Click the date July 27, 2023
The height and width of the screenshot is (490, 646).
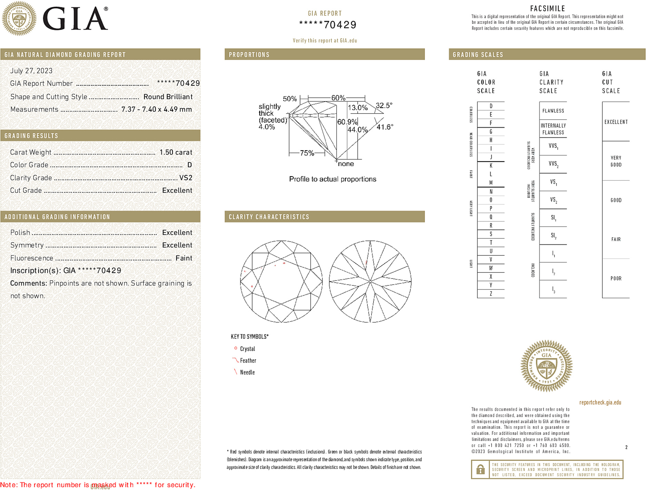(x=31, y=71)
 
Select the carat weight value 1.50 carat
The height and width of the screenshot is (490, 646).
(x=176, y=152)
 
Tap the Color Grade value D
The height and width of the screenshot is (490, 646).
(x=189, y=165)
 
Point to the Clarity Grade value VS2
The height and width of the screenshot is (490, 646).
(x=186, y=178)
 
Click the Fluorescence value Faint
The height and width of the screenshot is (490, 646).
(x=183, y=258)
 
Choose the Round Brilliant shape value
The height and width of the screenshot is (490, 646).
(x=168, y=97)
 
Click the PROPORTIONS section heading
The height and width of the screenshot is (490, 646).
(x=249, y=55)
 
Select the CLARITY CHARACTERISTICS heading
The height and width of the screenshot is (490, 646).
(x=269, y=217)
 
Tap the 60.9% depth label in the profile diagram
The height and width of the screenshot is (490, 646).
(x=347, y=122)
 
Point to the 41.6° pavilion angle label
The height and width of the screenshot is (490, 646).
(x=385, y=127)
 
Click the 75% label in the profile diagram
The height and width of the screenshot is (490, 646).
(x=307, y=153)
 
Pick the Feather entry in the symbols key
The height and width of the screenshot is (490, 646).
(x=248, y=360)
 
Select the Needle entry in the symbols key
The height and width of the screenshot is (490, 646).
(x=247, y=372)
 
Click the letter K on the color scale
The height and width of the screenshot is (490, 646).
(x=491, y=166)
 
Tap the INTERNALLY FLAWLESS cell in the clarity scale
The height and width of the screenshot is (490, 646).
(x=553, y=129)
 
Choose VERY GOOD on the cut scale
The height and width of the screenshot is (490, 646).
(x=616, y=161)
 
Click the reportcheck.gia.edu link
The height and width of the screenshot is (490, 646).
(x=600, y=402)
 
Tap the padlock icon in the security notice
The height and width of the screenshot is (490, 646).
(x=480, y=469)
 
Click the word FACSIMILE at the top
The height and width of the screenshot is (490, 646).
(x=547, y=8)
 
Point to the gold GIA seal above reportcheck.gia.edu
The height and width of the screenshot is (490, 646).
(x=546, y=366)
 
